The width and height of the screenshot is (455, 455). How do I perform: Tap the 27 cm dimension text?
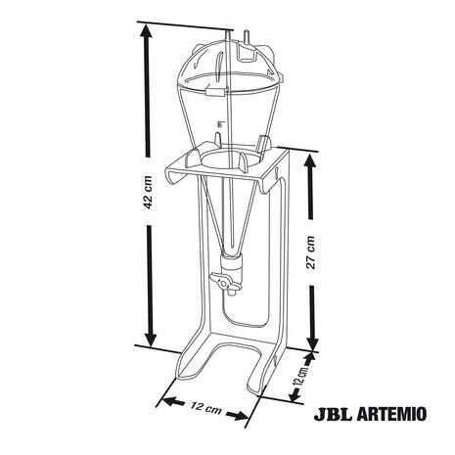coord(311,252)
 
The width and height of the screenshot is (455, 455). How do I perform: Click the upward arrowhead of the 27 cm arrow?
coord(311,166)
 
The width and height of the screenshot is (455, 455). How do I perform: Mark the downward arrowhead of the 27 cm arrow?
coord(312,341)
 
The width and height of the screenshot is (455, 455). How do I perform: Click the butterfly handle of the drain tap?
coord(227,284)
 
